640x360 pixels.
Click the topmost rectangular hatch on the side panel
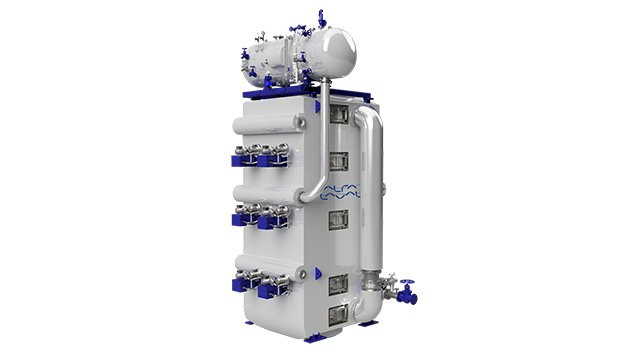[x=337, y=116]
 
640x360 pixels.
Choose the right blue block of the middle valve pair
[x=269, y=223]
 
